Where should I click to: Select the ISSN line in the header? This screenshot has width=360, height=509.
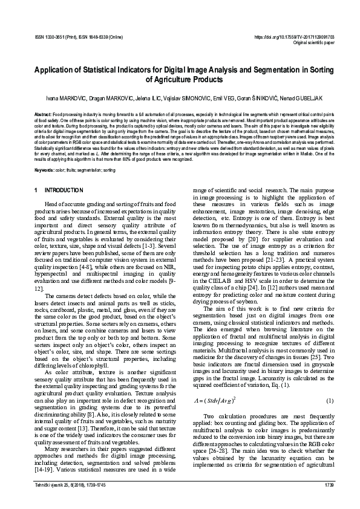pos(79,37)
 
